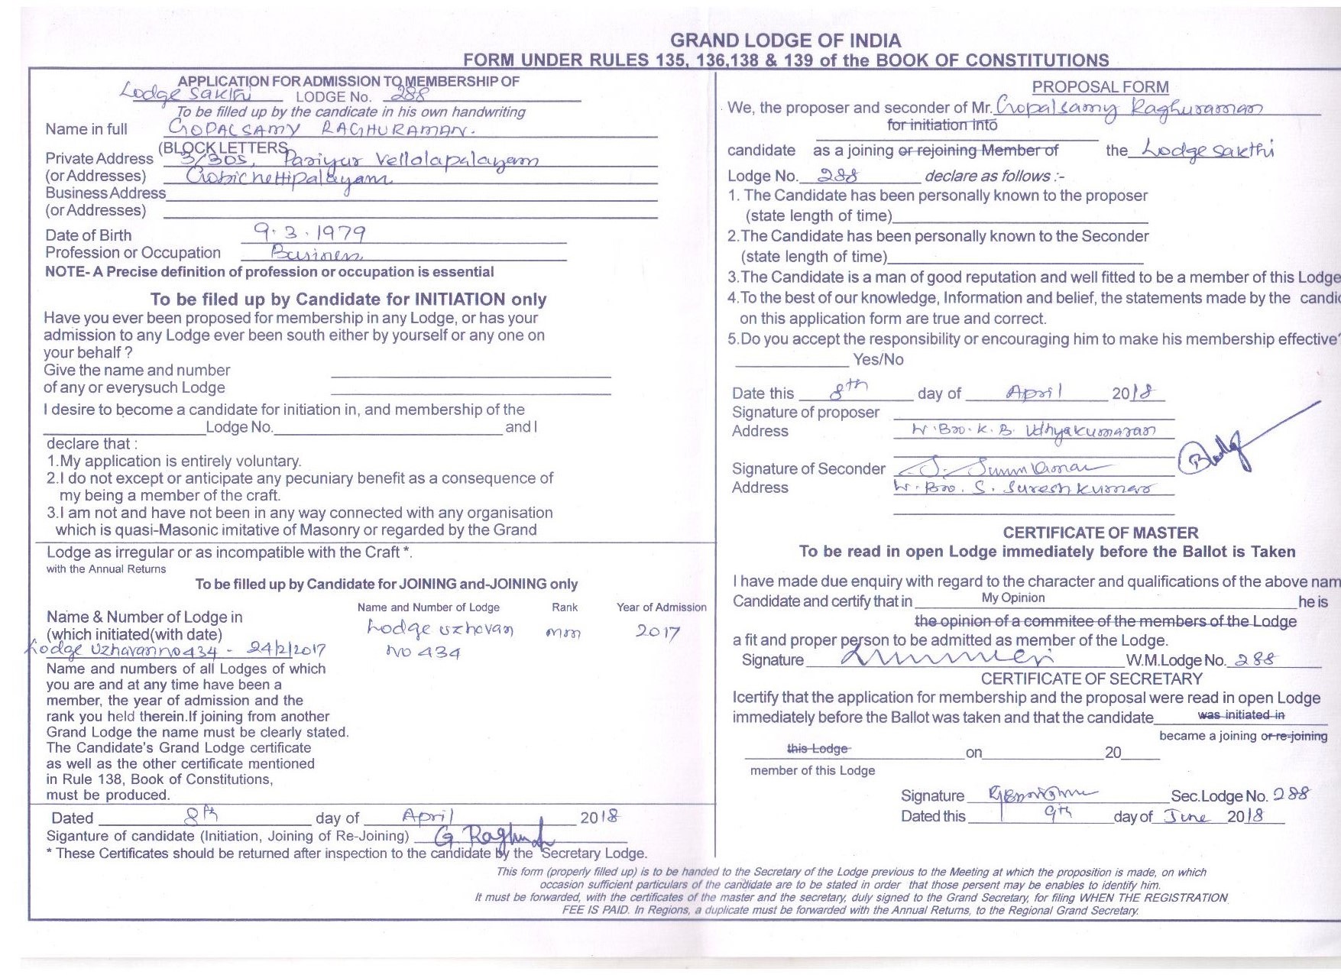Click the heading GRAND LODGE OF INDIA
pyautogui.click(x=785, y=40)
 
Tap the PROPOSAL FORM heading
pyautogui.click(x=1100, y=87)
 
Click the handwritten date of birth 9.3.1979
pyautogui.click(x=309, y=232)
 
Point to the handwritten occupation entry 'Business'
pyautogui.click(x=316, y=254)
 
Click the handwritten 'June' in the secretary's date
pyautogui.click(x=1187, y=816)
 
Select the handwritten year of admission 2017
pyautogui.click(x=658, y=631)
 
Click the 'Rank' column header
pyautogui.click(x=565, y=607)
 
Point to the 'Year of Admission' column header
pyautogui.click(x=662, y=607)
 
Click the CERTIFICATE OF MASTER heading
pyautogui.click(x=1100, y=533)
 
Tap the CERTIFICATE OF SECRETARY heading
pyautogui.click(x=1091, y=679)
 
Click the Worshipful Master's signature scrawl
pyautogui.click(x=947, y=657)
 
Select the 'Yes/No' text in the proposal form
pyautogui.click(x=878, y=359)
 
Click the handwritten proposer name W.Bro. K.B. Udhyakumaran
pyautogui.click(x=1034, y=431)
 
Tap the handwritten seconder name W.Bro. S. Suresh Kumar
pyautogui.click(x=1024, y=487)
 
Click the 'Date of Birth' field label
pyautogui.click(x=88, y=235)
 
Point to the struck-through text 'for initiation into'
pyautogui.click(x=942, y=125)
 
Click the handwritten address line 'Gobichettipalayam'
pyautogui.click(x=289, y=177)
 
